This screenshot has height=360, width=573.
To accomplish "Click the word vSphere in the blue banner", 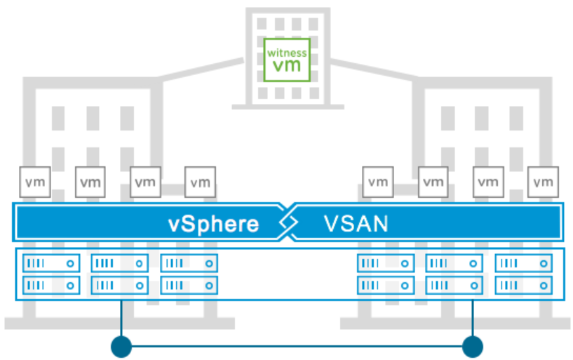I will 213,224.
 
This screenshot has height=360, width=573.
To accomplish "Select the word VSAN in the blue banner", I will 356,224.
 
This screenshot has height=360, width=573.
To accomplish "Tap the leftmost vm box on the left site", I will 34,182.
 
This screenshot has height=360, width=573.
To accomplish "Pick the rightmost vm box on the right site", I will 543,182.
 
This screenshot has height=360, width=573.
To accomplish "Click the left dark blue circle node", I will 122,346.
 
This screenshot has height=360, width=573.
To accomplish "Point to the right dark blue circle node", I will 473,346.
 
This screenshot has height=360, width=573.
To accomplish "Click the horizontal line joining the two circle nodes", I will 297,346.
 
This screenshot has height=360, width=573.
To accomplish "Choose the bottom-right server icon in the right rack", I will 523,285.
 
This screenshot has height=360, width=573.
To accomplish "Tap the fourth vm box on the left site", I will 200,182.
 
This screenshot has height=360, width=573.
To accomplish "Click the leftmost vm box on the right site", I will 378,182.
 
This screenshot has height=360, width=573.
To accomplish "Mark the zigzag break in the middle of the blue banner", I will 285,223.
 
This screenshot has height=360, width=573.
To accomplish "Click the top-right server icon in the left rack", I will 189,264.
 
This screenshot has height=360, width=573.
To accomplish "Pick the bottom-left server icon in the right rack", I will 386,285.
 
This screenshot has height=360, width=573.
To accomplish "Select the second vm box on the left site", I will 89,182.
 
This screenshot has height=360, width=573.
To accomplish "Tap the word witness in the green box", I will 286,52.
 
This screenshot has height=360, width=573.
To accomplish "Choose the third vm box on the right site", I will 487,182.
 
